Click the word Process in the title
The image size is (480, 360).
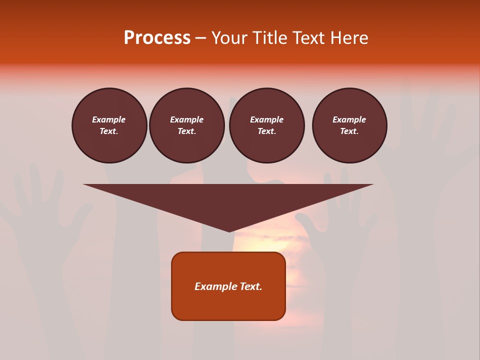(157, 38)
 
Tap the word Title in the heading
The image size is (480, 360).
(269, 38)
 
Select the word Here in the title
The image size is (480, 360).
(349, 38)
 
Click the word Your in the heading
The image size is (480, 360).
(230, 38)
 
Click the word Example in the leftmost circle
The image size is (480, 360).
(109, 119)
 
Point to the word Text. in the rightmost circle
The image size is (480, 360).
(349, 131)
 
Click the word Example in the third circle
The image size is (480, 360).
(266, 119)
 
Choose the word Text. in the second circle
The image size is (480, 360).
(186, 131)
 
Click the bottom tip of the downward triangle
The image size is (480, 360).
(229, 231)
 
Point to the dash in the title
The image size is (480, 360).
(200, 38)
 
